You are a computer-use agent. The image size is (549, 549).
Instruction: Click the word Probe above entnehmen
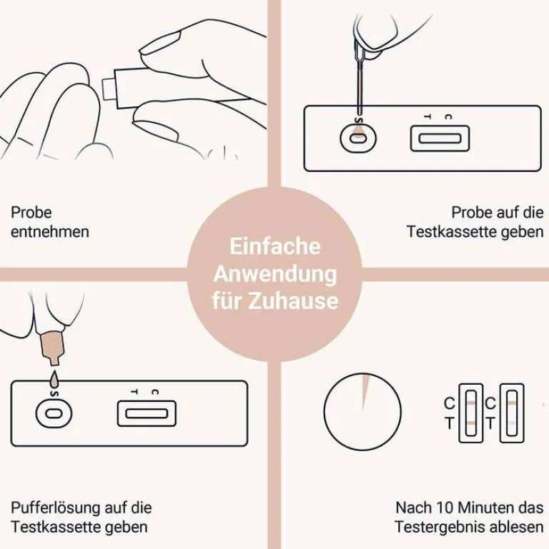pos(31,213)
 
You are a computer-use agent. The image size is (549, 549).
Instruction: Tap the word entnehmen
pos(50,232)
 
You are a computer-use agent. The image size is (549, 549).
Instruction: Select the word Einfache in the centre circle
pos(274,247)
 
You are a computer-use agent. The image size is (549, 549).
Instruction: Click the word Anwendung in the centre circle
pos(274,273)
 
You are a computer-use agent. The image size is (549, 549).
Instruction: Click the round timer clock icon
pos(362,413)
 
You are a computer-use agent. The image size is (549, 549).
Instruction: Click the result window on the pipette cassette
pos(440,138)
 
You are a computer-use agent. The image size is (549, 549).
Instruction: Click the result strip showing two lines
pos(472,413)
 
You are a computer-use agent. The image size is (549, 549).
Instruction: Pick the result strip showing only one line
pos(512,413)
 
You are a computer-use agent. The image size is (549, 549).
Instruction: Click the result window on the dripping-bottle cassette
pos(147,413)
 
